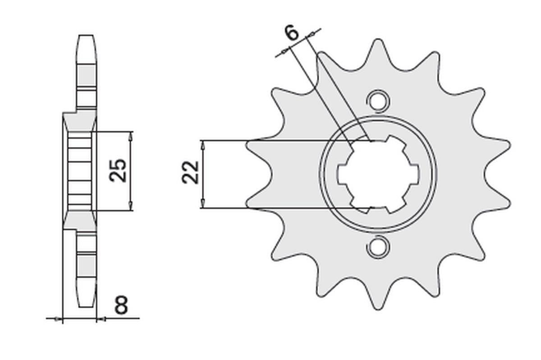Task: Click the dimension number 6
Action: click(292, 33)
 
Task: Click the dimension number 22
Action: click(191, 172)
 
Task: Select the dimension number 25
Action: click(119, 170)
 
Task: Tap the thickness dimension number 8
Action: click(121, 306)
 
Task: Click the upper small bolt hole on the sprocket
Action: click(377, 100)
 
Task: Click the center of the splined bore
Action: click(378, 174)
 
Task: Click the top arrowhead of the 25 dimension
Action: click(131, 135)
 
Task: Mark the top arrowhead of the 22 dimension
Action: click(203, 144)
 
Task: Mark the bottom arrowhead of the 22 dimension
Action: click(203, 205)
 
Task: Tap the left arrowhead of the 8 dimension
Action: click(58, 319)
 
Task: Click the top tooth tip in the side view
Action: click(87, 36)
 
